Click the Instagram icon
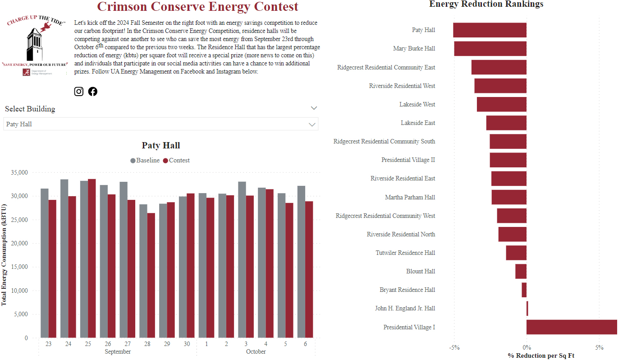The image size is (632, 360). click(x=79, y=92)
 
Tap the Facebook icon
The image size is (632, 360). click(x=93, y=92)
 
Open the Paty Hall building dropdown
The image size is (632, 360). click(x=160, y=124)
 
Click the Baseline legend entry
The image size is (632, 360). click(x=145, y=161)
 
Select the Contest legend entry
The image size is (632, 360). click(x=176, y=161)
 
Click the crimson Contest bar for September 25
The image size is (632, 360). click(x=92, y=258)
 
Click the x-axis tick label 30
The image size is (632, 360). click(x=187, y=344)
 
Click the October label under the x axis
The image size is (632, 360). click(x=256, y=352)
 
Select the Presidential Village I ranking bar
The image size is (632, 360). click(x=572, y=327)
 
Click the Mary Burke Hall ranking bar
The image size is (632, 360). click(x=490, y=49)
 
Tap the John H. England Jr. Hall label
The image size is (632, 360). click(x=405, y=309)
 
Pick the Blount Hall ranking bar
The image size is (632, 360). click(x=521, y=272)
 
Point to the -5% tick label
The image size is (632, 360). click(x=454, y=348)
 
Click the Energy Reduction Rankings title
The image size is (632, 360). click(x=486, y=5)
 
